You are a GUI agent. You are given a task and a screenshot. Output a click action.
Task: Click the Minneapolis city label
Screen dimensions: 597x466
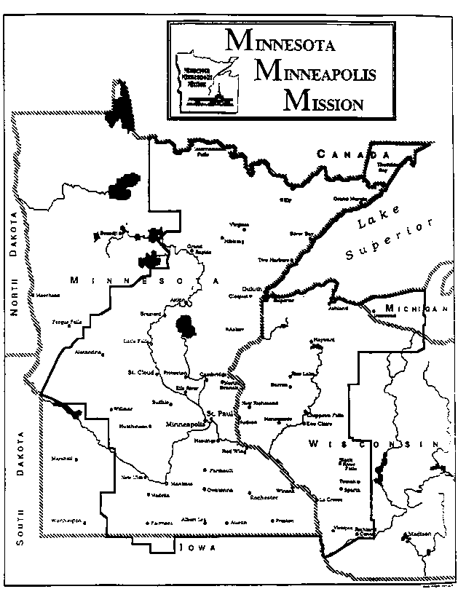186,424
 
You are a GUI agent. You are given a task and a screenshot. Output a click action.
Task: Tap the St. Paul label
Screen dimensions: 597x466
218,414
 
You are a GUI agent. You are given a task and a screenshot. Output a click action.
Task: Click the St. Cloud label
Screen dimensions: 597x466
138,372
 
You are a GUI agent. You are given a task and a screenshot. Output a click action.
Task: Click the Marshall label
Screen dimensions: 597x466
63,459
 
